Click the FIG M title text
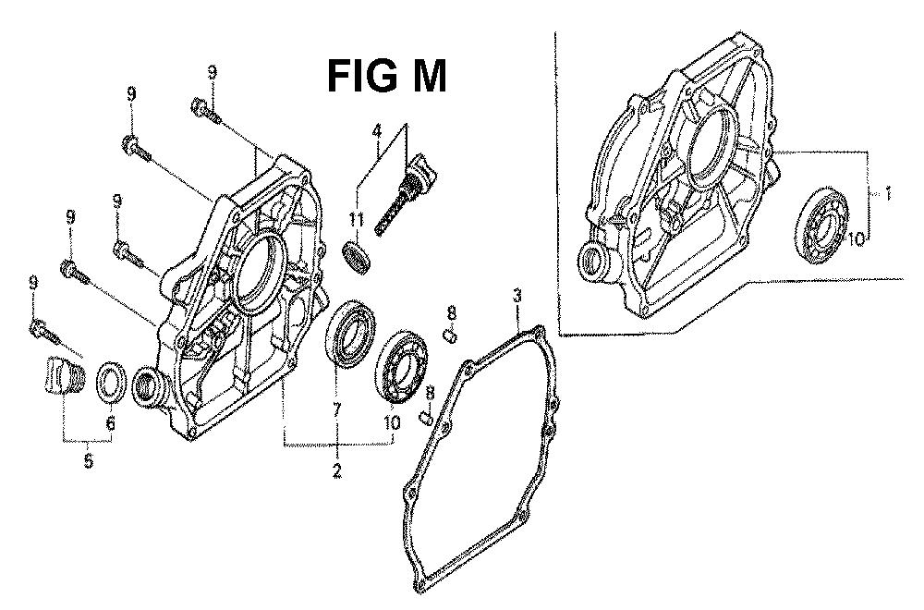386,77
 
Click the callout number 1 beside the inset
886,193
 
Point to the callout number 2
337,471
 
